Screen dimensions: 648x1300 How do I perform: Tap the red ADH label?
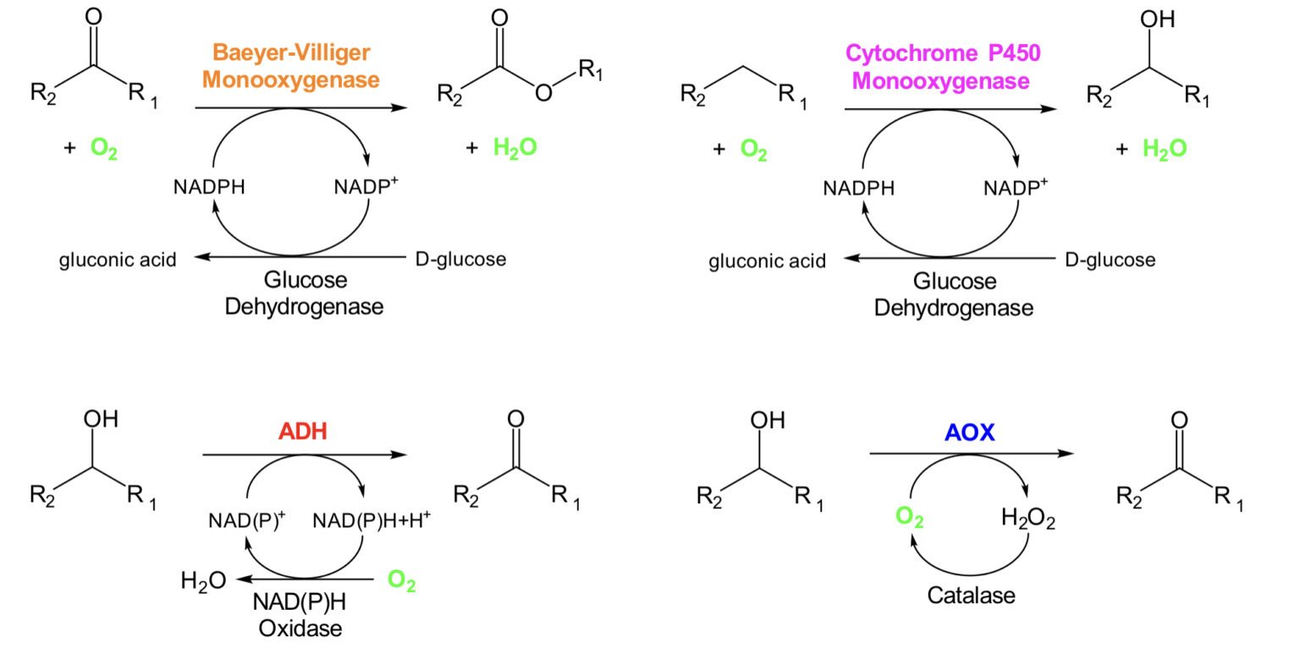(x=302, y=431)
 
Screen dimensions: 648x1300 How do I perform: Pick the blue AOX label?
(x=969, y=432)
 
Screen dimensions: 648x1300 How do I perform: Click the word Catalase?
(x=971, y=596)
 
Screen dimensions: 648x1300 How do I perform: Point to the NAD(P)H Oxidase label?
(x=297, y=615)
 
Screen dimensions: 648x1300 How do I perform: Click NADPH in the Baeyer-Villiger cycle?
(x=209, y=188)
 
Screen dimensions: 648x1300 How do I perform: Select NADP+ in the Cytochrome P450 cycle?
(x=1015, y=188)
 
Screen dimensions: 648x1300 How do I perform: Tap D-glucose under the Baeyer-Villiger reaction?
(x=460, y=259)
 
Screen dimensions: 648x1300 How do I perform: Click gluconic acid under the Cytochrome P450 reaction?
(x=767, y=261)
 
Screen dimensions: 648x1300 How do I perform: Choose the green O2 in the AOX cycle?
(x=909, y=517)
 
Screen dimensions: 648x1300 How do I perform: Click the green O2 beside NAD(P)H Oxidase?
(x=401, y=581)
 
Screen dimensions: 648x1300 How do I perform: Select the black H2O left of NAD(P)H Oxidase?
(x=203, y=581)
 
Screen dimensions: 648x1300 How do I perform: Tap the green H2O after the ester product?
(x=515, y=149)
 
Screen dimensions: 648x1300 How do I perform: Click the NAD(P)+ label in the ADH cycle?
(x=247, y=520)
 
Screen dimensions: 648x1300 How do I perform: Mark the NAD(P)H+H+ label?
(x=372, y=520)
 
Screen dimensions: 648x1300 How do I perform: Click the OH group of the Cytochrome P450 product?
(x=1157, y=19)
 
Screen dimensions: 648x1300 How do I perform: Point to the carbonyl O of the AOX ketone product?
(x=1179, y=420)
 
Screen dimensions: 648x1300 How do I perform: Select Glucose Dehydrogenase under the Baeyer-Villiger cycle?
(x=305, y=293)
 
